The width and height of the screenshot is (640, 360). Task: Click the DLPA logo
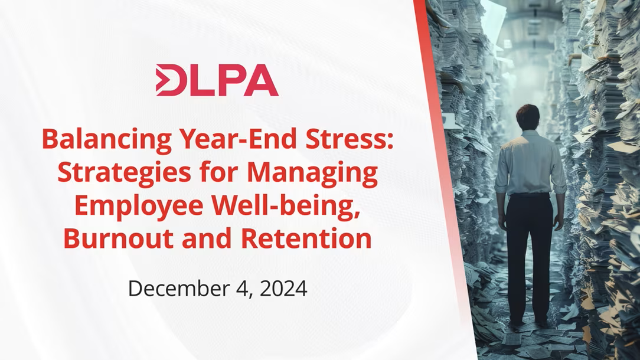pyautogui.click(x=217, y=80)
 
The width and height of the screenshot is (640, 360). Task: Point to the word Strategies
pyautogui.click(x=124, y=173)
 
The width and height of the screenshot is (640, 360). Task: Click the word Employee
pyautogui.click(x=139, y=207)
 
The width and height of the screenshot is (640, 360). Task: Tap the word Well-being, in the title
pyautogui.click(x=286, y=206)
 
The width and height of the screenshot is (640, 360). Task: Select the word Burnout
pyautogui.click(x=119, y=238)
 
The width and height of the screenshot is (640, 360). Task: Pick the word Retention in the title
pyautogui.click(x=306, y=238)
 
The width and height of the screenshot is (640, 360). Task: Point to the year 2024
pyautogui.click(x=283, y=288)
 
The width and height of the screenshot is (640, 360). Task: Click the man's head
pyautogui.click(x=527, y=117)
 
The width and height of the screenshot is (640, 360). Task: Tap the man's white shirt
pyautogui.click(x=530, y=163)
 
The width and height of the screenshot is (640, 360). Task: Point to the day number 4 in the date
pyautogui.click(x=243, y=289)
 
